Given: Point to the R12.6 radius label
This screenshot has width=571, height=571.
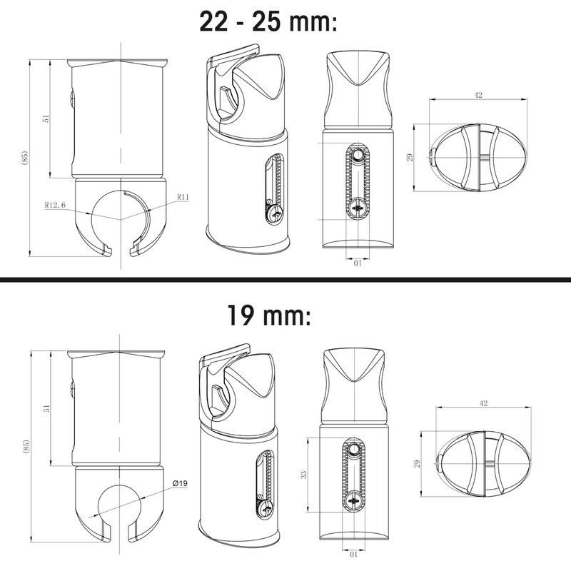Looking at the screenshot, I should coord(55,205).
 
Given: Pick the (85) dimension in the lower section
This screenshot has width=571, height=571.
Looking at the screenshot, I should coord(26,448).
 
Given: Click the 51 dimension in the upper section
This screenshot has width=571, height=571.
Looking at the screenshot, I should coord(46,119).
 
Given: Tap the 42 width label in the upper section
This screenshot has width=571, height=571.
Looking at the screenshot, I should coord(480,93).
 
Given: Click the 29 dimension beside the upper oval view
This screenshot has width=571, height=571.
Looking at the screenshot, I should coord(410,157).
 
